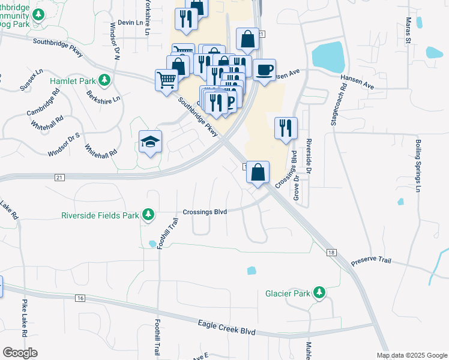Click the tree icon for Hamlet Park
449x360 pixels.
[x=104, y=80]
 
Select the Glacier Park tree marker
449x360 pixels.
[x=320, y=293]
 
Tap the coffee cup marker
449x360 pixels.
[x=264, y=70]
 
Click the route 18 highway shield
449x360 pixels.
[x=331, y=253]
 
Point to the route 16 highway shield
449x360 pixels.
[x=80, y=298]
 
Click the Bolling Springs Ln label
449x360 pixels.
[x=418, y=166]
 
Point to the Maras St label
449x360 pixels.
[x=407, y=30]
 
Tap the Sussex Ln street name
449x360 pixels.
[x=31, y=79]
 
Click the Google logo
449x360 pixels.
[x=20, y=352]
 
